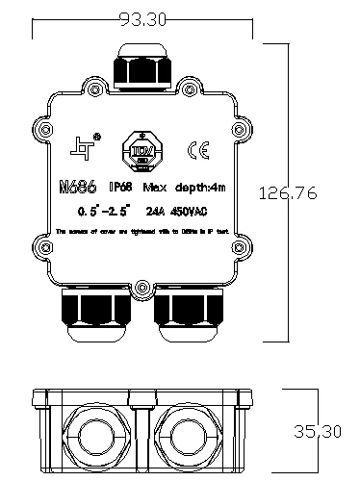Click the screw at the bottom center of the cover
pyautogui.click(x=142, y=288)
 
